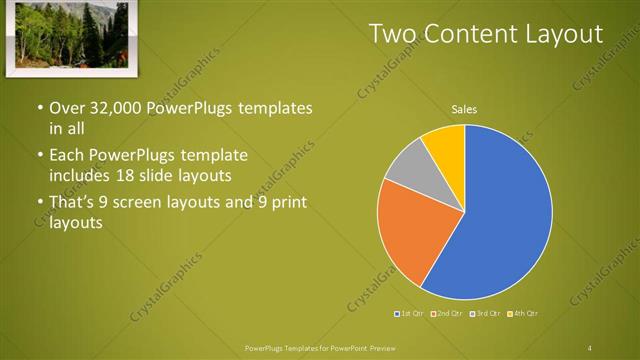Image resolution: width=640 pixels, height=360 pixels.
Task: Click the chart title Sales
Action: (x=464, y=109)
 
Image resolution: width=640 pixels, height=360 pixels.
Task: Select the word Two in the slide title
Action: (x=392, y=34)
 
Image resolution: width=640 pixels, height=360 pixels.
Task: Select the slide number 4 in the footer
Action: (x=590, y=347)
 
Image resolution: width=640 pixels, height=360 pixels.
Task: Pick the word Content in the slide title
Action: (x=466, y=34)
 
